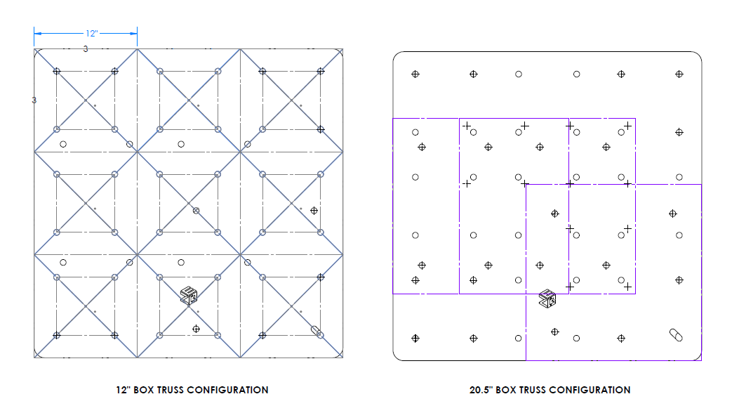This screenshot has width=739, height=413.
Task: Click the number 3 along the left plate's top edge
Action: click(x=86, y=49)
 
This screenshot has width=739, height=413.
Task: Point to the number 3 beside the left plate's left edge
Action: click(x=34, y=100)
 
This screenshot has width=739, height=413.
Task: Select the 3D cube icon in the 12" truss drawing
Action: click(x=188, y=296)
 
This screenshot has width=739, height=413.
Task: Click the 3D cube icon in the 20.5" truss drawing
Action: click(x=547, y=299)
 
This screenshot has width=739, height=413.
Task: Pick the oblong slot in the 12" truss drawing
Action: click(x=317, y=332)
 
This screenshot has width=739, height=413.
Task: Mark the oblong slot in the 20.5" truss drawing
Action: click(x=676, y=334)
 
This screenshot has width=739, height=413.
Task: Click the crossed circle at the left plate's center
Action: click(x=197, y=211)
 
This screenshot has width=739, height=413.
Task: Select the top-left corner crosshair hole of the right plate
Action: click(x=415, y=74)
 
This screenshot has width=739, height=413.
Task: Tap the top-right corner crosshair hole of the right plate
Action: click(x=679, y=74)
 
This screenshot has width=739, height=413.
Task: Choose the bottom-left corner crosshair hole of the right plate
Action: click(x=415, y=338)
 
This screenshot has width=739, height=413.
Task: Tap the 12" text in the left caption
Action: click(x=124, y=390)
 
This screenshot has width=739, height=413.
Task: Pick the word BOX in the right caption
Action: click(x=507, y=390)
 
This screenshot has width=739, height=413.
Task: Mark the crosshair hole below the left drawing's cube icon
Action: click(x=196, y=329)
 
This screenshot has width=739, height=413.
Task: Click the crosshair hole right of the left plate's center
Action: click(x=314, y=210)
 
